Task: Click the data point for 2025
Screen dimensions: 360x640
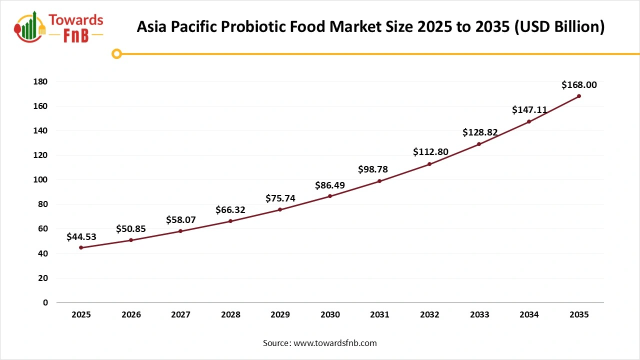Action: coord(81,247)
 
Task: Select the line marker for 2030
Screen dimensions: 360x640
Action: coord(330,196)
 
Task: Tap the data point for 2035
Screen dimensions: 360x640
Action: coord(579,96)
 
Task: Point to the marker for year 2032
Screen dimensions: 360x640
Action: coord(429,164)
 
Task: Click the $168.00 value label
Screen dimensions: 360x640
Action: coord(579,85)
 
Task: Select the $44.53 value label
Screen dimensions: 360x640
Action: coord(81,236)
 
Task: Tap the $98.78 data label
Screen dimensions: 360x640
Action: coord(373,169)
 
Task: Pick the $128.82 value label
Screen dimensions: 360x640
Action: coord(480,132)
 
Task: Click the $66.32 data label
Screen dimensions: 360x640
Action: coord(230,209)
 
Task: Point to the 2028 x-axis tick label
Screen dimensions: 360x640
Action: coord(230,315)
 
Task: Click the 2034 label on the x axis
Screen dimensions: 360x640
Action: coord(529,315)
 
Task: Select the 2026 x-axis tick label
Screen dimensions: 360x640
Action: coord(131,315)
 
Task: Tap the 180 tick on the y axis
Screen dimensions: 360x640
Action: coord(41,81)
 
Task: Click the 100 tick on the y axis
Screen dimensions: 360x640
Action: coord(41,179)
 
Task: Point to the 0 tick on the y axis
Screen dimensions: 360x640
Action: coord(45,302)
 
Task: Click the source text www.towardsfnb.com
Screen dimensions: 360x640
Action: coord(334,343)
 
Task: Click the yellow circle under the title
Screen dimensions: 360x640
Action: coord(116,53)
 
